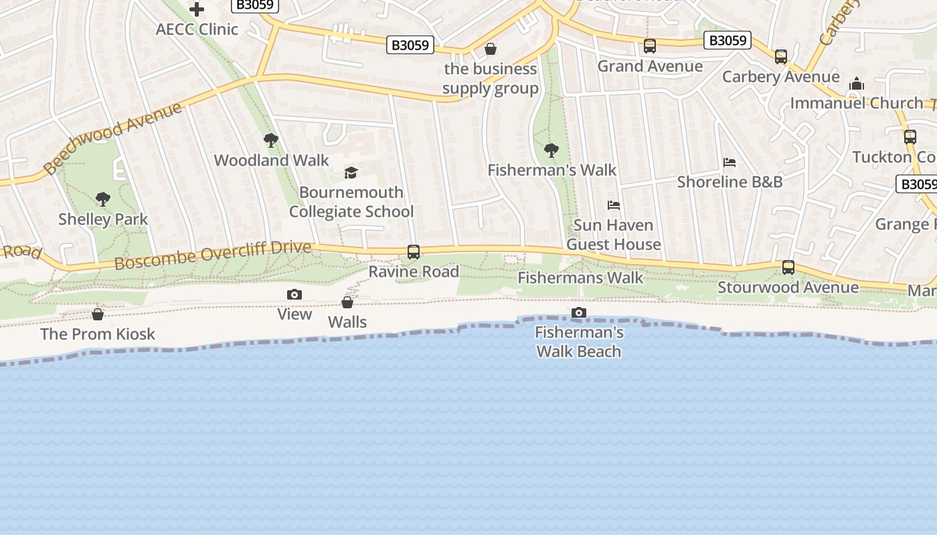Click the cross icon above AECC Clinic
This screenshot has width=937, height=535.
tap(196, 9)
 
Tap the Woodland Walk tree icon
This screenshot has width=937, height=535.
tap(271, 140)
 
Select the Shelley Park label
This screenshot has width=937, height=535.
tap(103, 219)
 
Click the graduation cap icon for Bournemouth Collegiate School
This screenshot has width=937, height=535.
tap(351, 173)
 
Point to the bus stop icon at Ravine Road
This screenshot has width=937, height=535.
tap(414, 252)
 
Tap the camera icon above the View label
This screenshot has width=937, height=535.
tap(294, 295)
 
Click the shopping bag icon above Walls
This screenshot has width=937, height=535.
tap(347, 302)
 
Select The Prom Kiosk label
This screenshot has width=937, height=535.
tap(98, 334)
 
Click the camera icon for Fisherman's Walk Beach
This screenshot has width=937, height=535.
tap(579, 313)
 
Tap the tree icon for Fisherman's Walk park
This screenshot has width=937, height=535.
tap(551, 150)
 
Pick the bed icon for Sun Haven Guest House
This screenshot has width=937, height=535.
tap(613, 205)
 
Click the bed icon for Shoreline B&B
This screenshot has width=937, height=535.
tap(730, 163)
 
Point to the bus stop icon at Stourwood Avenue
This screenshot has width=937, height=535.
tap(788, 267)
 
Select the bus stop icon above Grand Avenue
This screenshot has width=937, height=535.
tap(650, 46)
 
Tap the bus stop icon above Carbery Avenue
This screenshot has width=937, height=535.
tap(781, 57)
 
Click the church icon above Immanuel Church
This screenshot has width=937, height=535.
tap(857, 84)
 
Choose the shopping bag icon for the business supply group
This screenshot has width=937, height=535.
tap(491, 49)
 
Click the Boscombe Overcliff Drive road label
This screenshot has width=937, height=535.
tap(213, 255)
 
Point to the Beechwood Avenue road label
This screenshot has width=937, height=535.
tap(112, 138)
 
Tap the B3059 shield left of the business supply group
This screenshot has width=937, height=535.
tap(410, 45)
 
